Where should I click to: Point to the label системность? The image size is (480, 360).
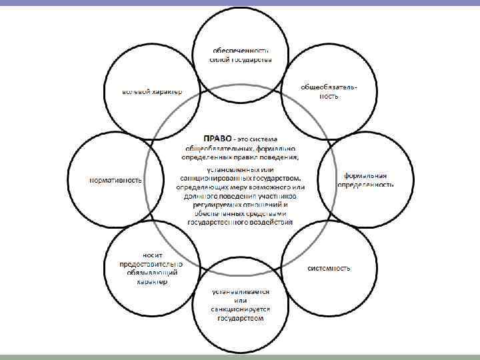(x=329, y=268)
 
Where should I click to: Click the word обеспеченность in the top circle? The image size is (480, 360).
(x=241, y=51)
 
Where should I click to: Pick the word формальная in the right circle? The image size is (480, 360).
(x=365, y=175)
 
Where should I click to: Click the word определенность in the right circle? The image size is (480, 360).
(x=365, y=184)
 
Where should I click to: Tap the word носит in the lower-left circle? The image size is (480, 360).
(x=147, y=255)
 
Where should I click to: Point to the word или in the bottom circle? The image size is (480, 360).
(x=240, y=301)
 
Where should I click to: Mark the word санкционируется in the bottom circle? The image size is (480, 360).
(x=240, y=310)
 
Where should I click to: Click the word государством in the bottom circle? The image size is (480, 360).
(x=240, y=319)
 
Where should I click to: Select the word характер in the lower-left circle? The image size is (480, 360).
(x=152, y=281)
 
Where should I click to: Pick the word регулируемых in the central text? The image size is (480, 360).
(x=215, y=206)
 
